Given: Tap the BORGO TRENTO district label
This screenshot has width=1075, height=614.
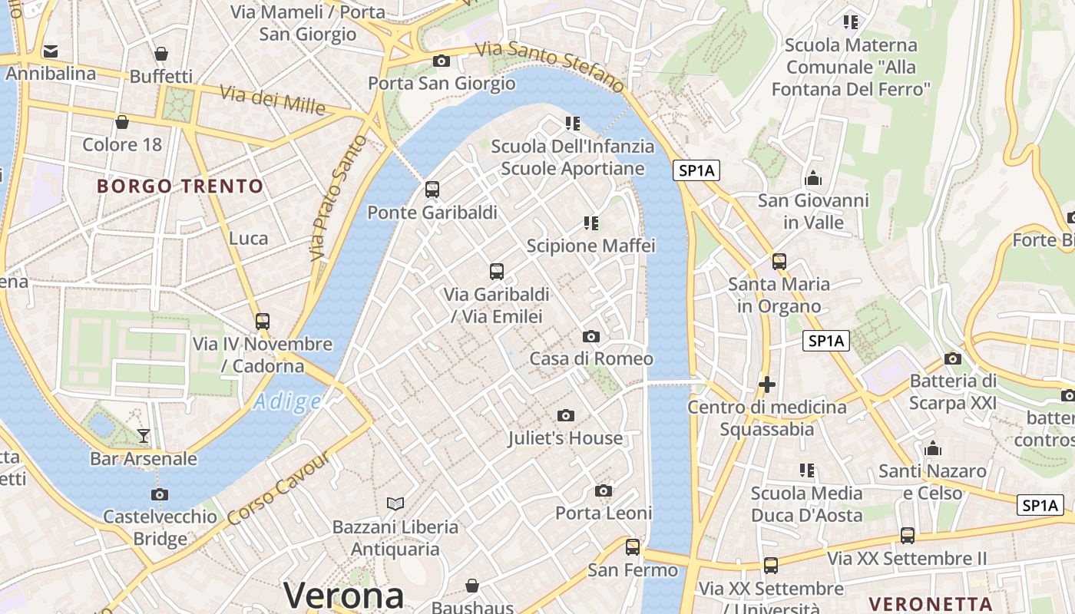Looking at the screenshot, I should tap(180, 186).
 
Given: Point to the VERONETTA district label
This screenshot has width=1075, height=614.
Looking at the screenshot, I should tap(931, 603).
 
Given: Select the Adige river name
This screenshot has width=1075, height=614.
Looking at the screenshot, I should tap(287, 401).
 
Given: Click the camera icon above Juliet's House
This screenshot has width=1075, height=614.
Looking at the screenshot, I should tap(566, 416).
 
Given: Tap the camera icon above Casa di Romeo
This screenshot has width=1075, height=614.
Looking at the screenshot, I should tap(591, 336).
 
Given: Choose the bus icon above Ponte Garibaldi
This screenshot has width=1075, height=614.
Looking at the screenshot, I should tap(432, 190).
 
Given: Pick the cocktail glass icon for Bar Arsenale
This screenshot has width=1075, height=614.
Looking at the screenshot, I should tap(144, 436).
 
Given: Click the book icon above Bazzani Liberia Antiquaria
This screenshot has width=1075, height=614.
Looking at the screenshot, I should tap(395, 503).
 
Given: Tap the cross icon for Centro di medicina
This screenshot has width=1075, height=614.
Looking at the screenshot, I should tap(766, 384).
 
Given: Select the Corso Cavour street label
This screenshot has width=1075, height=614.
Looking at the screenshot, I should tap(279, 489).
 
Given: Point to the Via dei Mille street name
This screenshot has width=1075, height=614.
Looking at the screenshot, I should tap(273, 100).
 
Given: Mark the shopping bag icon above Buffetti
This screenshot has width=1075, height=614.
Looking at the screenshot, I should tap(161, 54).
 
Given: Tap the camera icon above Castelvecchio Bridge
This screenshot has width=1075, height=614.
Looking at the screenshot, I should tap(160, 494).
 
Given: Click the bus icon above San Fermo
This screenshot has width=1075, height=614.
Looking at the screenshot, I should tap(633, 547).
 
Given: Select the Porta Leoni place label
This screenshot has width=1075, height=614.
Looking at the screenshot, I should tap(604, 513).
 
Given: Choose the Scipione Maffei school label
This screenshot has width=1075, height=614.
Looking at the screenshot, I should tap(590, 246).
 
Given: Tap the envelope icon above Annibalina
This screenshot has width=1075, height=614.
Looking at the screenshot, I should tap(51, 51).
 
